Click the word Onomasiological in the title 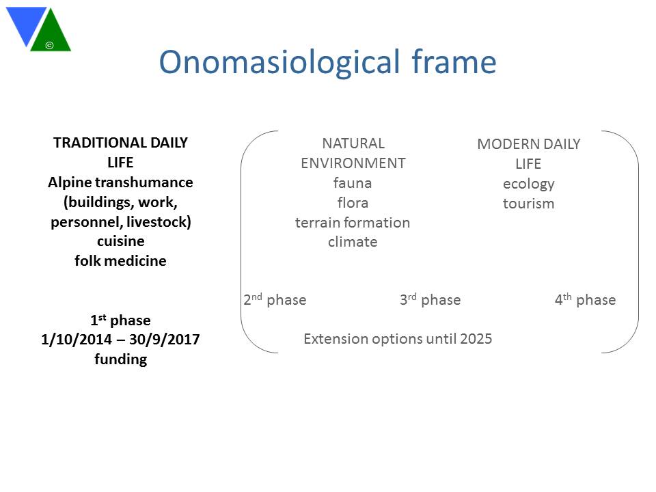(x=279, y=63)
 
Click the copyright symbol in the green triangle (x=49, y=45)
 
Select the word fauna (x=353, y=183)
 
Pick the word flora (x=353, y=203)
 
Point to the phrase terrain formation (x=353, y=223)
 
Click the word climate (x=353, y=242)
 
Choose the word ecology (x=528, y=184)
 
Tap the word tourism (x=528, y=204)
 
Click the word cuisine (x=120, y=241)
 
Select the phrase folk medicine (x=120, y=260)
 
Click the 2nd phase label (x=275, y=299)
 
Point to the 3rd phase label (x=430, y=299)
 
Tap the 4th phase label (x=586, y=299)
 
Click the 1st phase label (x=120, y=320)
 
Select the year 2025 (x=476, y=338)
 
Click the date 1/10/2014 (x=77, y=340)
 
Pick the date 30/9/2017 (x=165, y=340)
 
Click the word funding (x=120, y=359)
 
